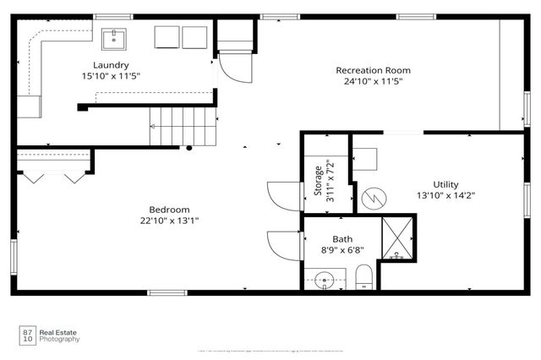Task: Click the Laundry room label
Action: click(111, 65)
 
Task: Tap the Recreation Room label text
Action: click(373, 70)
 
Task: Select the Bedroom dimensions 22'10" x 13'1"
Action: click(169, 221)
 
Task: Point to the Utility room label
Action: click(445, 183)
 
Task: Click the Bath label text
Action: click(342, 239)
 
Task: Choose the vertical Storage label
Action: click(319, 179)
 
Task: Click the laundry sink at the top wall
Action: click(114, 38)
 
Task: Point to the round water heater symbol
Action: click(374, 199)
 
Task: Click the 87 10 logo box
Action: click(28, 335)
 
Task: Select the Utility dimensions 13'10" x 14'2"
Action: click(445, 195)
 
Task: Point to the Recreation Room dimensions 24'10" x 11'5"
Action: click(373, 82)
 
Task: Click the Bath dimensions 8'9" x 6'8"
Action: click(342, 251)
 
